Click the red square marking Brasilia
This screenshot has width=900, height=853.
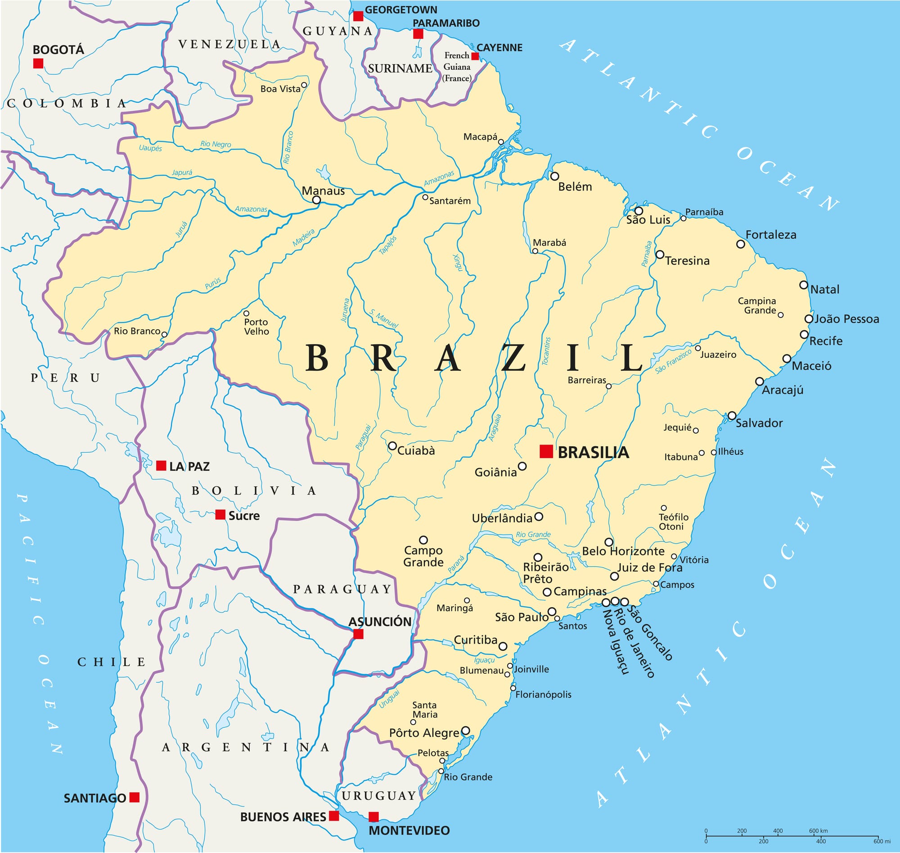click(546, 452)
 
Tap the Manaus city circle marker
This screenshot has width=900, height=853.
click(317, 200)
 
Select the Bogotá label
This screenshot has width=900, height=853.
click(58, 50)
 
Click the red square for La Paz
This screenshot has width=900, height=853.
click(161, 466)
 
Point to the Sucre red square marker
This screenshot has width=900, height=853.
click(220, 515)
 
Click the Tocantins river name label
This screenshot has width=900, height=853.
click(547, 350)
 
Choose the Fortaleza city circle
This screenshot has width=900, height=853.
click(741, 244)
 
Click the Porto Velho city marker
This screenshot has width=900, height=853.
click(246, 313)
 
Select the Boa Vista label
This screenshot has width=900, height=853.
click(280, 89)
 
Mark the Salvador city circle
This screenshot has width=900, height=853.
click(732, 416)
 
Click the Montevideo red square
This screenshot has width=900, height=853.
click(373, 817)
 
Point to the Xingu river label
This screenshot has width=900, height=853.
click(458, 263)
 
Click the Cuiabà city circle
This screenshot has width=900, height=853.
click(392, 446)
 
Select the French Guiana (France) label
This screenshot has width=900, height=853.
click(457, 67)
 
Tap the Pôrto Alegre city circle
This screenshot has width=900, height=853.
click(465, 730)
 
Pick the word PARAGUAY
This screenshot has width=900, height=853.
click(342, 589)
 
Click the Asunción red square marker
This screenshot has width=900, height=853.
click(359, 634)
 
